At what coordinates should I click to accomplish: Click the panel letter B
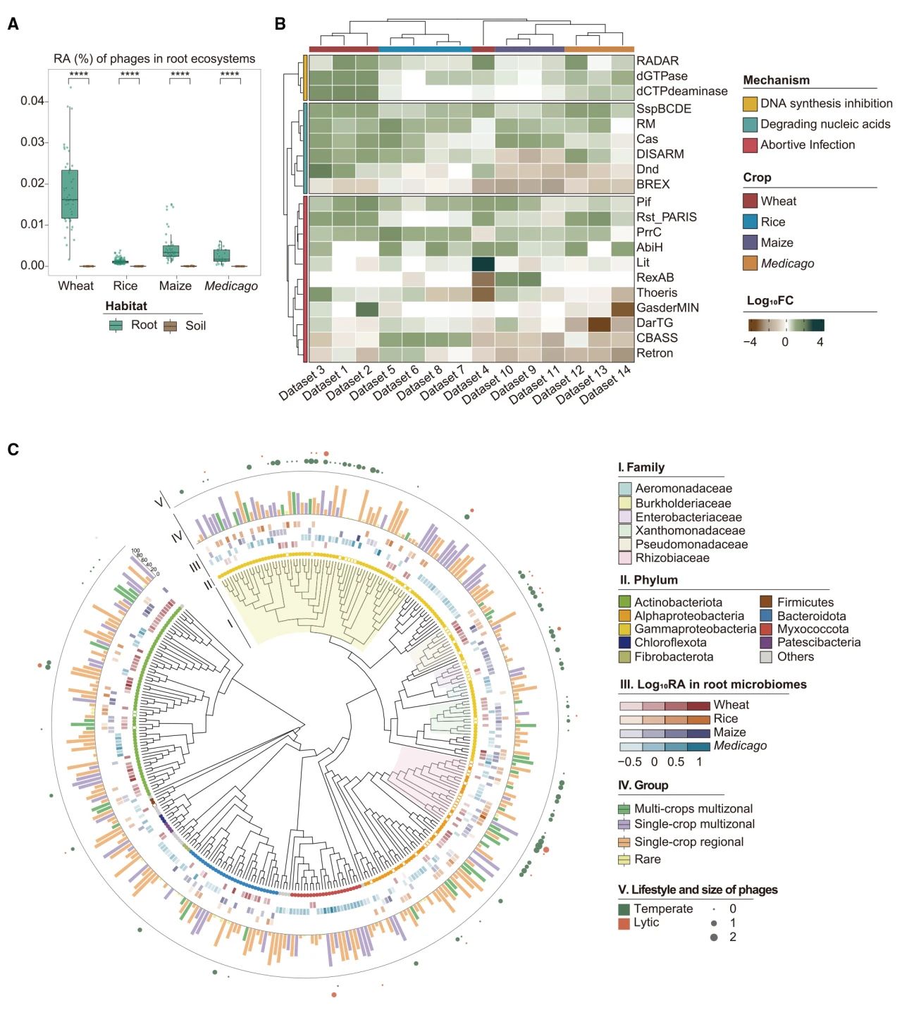click(280, 24)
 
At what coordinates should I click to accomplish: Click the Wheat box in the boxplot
click(70, 194)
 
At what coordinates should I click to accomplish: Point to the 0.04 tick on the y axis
click(32, 101)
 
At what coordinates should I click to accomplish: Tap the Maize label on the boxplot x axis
click(175, 285)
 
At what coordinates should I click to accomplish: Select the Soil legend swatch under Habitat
click(170, 326)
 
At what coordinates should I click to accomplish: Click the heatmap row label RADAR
click(657, 61)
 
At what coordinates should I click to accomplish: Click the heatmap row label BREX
click(653, 184)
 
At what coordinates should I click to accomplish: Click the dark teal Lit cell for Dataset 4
click(483, 263)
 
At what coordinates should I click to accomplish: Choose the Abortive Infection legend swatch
click(750, 145)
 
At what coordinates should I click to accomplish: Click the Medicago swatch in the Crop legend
click(750, 263)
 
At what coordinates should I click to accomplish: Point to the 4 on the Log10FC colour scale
click(820, 342)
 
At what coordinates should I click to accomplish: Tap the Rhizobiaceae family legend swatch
click(624, 558)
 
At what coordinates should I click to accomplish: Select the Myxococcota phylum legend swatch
click(767, 629)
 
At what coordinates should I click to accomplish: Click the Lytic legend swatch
click(624, 923)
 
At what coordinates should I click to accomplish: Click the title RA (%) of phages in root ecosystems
click(154, 59)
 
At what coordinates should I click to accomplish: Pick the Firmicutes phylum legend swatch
click(767, 602)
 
